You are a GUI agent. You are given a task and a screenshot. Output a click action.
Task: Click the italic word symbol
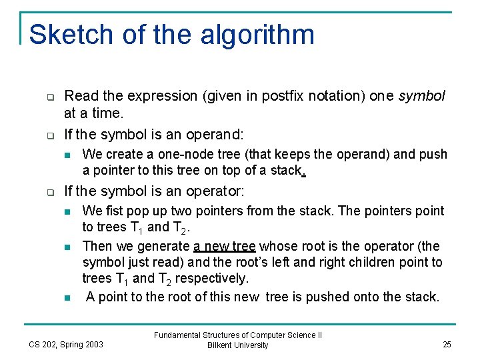point(422,96)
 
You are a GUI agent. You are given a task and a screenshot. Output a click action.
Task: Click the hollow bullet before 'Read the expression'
point(50,96)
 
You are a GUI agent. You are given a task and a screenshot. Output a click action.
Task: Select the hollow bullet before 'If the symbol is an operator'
point(50,192)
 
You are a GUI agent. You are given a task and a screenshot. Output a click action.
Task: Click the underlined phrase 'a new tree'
point(225,246)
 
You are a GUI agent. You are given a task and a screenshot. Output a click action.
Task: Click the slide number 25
point(446,344)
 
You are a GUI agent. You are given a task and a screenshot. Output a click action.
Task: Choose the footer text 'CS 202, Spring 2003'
point(66,344)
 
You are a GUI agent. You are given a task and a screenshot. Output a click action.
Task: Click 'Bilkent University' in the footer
point(237,345)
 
